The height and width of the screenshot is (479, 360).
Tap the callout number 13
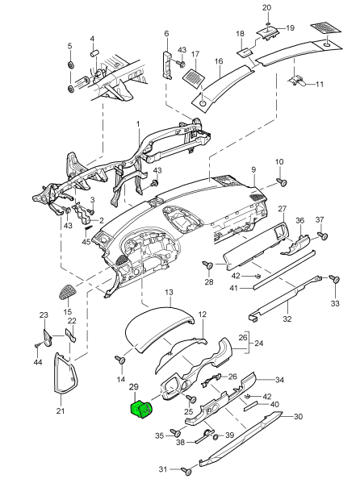click(169, 293)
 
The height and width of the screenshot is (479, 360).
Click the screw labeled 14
click(120, 360)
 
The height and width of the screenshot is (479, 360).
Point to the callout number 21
click(61, 411)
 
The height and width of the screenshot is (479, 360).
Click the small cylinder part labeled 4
click(94, 53)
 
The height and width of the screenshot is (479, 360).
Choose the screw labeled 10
click(282, 182)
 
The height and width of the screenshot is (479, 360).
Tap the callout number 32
click(287, 319)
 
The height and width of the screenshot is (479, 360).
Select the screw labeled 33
click(335, 279)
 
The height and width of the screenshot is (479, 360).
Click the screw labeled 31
click(186, 470)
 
